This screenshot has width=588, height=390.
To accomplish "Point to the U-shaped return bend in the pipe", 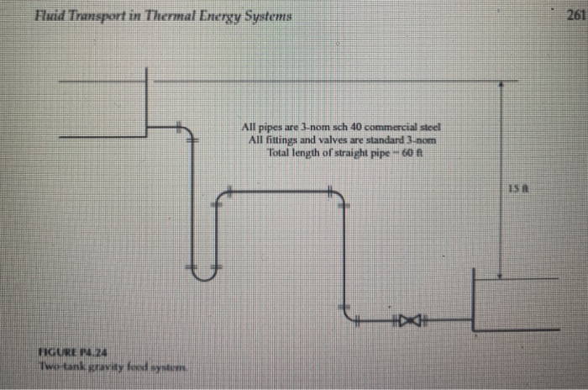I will [202, 269].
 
